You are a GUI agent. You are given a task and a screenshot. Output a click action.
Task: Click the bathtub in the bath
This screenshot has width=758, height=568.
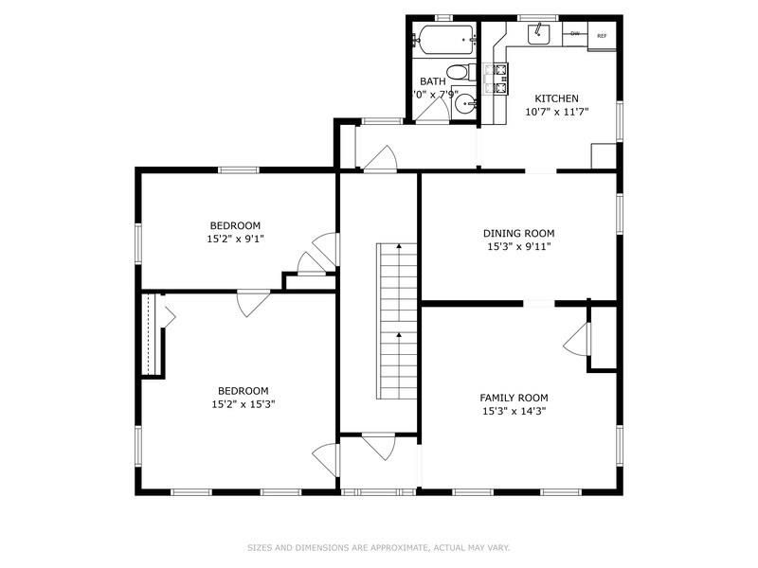tap(443, 41)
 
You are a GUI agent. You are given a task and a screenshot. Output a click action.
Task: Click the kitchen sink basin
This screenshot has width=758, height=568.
tap(538, 34)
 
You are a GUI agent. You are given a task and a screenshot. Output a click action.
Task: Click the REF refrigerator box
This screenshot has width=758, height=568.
tap(601, 36)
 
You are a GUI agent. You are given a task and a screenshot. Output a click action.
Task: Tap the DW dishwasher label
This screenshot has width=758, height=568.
tap(575, 34)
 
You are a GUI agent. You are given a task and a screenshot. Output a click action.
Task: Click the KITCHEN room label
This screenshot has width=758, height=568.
tap(556, 98)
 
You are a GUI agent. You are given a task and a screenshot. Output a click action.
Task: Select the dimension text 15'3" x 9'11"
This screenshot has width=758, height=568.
tap(518, 246)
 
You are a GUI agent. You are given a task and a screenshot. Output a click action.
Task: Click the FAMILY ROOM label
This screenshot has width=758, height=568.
tap(514, 398)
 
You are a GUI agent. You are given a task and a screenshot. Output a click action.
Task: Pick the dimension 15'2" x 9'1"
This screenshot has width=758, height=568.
tap(235, 240)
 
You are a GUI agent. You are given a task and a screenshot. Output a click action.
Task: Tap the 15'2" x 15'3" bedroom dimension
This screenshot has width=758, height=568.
tap(243, 404)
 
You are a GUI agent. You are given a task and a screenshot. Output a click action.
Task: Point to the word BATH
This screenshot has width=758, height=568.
tap(432, 82)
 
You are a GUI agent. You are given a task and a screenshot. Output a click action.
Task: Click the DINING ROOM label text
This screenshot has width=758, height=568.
tap(518, 233)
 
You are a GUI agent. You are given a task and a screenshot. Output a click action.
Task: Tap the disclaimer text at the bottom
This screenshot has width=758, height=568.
tap(378, 547)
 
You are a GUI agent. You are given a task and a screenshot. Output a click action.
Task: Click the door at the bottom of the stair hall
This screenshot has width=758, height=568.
tap(379, 446)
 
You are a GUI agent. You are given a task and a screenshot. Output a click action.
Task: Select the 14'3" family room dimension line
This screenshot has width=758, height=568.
tap(514, 411)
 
